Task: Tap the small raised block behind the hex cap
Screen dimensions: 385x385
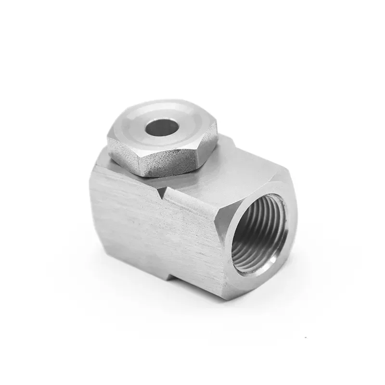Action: click(226, 140)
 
